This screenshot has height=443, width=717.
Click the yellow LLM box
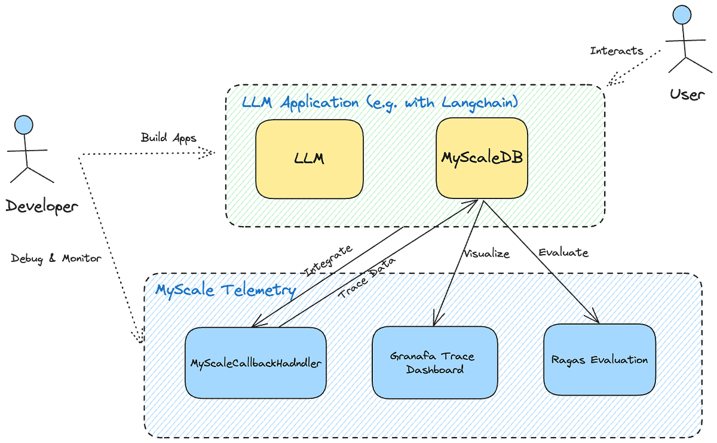[309, 159]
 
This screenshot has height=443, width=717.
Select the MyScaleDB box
[482, 158]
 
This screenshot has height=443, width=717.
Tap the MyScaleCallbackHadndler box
[256, 363]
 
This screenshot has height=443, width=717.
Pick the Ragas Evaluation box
[599, 360]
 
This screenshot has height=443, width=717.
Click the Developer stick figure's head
[24, 124]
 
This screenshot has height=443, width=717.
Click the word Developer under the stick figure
[41, 207]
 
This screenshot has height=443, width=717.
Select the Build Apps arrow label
[160, 138]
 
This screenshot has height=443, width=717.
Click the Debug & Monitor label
[56, 259]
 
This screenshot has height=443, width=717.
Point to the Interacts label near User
[617, 51]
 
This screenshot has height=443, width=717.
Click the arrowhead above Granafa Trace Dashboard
[441, 318]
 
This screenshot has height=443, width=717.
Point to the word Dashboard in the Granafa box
[434, 369]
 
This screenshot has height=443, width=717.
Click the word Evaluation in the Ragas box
[618, 360]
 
